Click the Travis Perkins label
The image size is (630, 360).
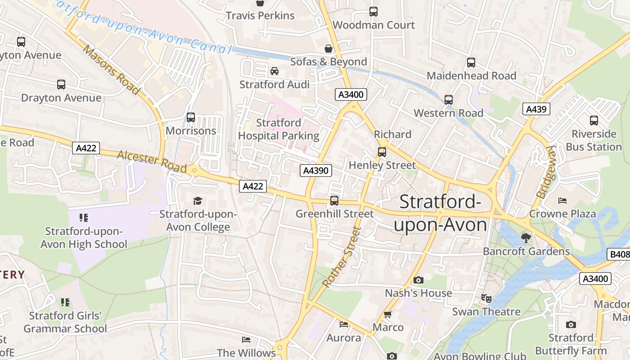click(260, 16)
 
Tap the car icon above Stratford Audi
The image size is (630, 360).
click(274, 71)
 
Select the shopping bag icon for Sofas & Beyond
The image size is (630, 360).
click(328, 48)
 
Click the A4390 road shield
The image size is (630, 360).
click(316, 171)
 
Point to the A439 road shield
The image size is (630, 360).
click(536, 109)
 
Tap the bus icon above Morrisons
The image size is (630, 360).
click(191, 117)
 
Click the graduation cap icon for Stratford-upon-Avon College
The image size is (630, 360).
click(198, 201)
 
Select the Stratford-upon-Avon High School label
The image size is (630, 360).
click(84, 238)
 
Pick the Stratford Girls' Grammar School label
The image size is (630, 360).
click(65, 322)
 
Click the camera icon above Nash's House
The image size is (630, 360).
click(418, 280)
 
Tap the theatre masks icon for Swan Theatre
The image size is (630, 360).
click(486, 298)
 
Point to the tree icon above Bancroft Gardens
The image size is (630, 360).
click(526, 238)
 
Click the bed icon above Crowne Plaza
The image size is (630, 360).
click(562, 200)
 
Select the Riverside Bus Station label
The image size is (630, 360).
click(594, 140)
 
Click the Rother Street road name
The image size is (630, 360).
click(342, 257)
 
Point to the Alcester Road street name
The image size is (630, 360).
click(152, 162)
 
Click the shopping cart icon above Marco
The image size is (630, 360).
click(387, 314)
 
